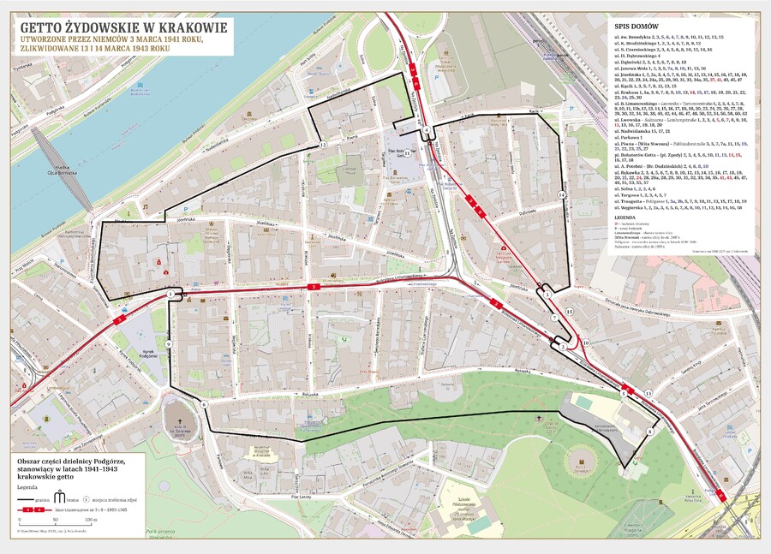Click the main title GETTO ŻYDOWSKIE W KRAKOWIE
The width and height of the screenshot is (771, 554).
[124, 27]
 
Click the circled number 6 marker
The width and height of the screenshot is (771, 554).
[205, 403]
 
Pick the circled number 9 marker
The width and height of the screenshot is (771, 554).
[169, 343]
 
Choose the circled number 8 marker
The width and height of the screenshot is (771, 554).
[650, 432]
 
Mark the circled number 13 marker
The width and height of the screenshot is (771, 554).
[648, 392]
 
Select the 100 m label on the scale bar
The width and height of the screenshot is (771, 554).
[91, 520]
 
